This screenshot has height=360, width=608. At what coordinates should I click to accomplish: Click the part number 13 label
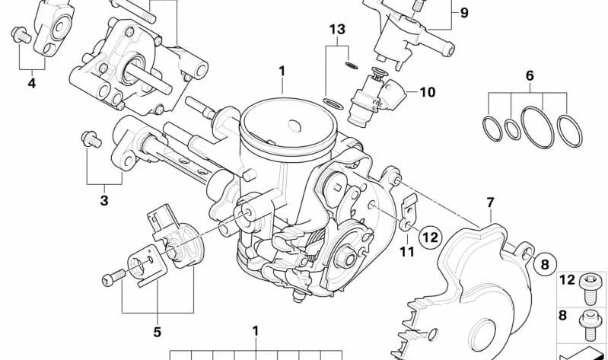[337, 30]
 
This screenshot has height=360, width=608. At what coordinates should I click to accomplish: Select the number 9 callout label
[464, 13]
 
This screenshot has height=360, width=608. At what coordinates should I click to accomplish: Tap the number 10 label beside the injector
[428, 92]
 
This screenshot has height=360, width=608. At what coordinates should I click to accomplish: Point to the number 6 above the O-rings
[530, 75]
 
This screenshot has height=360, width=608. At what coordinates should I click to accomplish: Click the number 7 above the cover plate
[491, 202]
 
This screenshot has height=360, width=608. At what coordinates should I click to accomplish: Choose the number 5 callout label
[157, 332]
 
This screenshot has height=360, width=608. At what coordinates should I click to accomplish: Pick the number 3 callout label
[104, 201]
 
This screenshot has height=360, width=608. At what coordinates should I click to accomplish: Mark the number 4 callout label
[32, 83]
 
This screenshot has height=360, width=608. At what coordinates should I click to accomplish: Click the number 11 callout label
[407, 252]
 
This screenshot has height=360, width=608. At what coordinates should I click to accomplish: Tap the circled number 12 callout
[430, 237]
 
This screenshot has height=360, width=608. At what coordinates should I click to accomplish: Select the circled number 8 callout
[545, 265]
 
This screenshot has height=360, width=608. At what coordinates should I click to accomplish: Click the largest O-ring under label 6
[537, 127]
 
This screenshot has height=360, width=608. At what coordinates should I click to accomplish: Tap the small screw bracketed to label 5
[113, 277]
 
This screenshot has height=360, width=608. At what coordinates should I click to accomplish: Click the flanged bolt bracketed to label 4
[21, 34]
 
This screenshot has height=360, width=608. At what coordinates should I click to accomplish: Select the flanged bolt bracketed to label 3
[91, 139]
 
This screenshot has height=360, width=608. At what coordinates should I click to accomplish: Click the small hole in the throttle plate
[294, 126]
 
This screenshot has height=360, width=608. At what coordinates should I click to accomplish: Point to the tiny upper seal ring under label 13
[352, 65]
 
